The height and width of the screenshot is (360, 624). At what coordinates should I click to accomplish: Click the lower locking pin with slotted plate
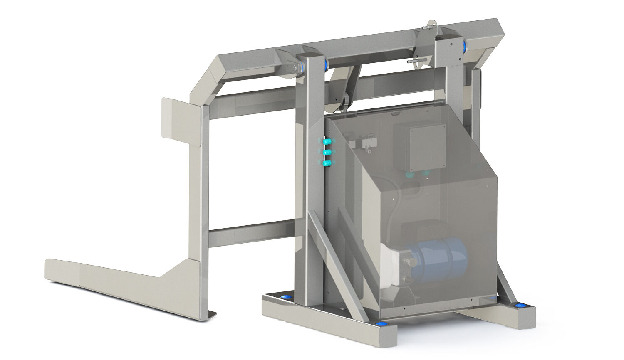[x=416, y=61]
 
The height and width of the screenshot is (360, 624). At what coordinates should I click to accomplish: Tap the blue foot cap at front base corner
[x=381, y=324]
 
